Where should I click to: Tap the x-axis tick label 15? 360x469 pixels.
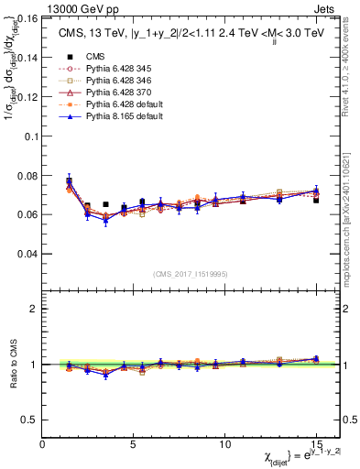(316, 444)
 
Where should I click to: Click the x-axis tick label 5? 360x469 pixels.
(134, 444)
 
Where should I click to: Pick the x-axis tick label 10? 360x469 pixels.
(224, 444)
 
